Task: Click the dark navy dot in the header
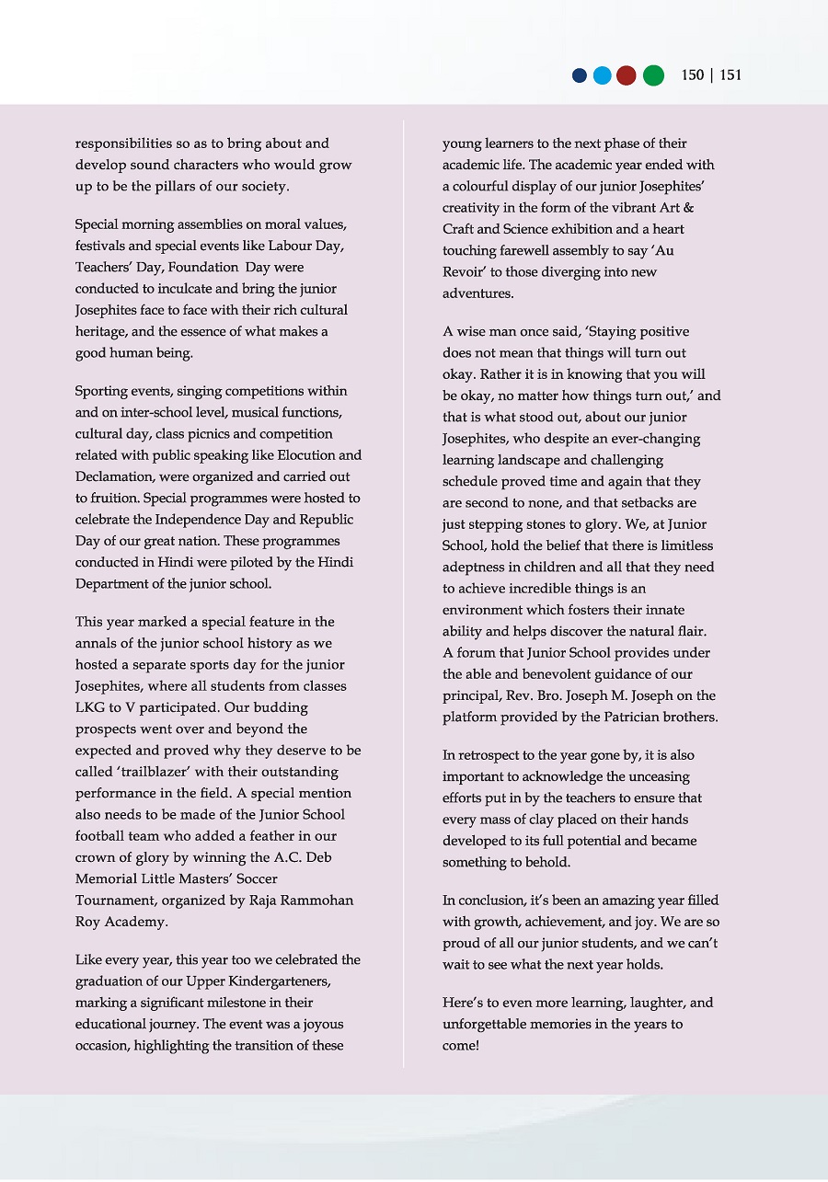[x=580, y=75]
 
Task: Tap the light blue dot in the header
[x=603, y=75]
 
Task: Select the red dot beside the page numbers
[x=627, y=75]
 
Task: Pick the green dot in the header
[x=653, y=75]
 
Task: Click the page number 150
[x=693, y=75]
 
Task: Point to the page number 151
[x=730, y=75]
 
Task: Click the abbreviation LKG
[x=89, y=707]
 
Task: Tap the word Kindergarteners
[x=270, y=981]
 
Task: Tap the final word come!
[x=461, y=1046]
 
